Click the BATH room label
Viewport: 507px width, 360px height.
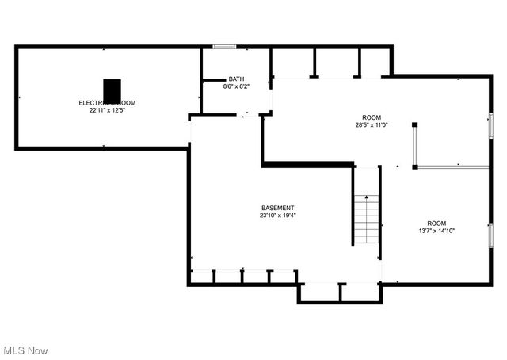click(236, 79)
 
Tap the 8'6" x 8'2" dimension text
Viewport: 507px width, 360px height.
click(236, 86)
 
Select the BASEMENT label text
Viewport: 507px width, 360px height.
click(277, 208)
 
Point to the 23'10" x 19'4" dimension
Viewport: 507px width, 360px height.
click(277, 215)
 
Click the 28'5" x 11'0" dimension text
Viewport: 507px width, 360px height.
click(372, 124)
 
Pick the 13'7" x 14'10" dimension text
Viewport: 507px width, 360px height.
click(436, 231)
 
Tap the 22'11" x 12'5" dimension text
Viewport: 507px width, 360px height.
click(107, 111)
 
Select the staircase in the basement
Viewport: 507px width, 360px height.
click(367, 220)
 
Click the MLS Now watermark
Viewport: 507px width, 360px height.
click(25, 350)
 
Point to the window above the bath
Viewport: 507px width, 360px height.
click(224, 47)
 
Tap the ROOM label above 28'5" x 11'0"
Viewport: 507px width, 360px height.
click(372, 117)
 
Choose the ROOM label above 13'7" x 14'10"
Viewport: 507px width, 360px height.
click(436, 223)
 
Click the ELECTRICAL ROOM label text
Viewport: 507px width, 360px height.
click(107, 103)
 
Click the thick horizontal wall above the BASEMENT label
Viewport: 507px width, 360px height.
click(307, 164)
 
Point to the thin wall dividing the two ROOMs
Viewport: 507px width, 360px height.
click(452, 167)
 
